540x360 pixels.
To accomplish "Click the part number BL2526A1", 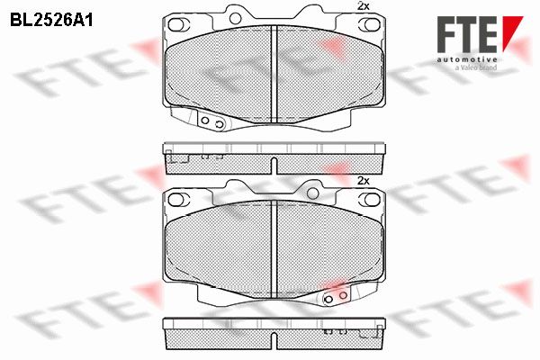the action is (x=51, y=20).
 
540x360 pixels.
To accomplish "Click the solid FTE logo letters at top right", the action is (x=467, y=34).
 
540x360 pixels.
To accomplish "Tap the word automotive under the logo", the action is (x=467, y=59).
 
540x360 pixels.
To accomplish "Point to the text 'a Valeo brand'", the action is (x=475, y=67).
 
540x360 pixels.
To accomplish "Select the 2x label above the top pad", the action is (x=364, y=6).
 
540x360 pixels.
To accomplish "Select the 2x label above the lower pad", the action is (x=364, y=181).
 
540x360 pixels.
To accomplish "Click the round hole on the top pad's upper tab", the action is (x=236, y=18).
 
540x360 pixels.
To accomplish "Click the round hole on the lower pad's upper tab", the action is (x=312, y=193).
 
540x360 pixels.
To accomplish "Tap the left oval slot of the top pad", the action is (x=179, y=24).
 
